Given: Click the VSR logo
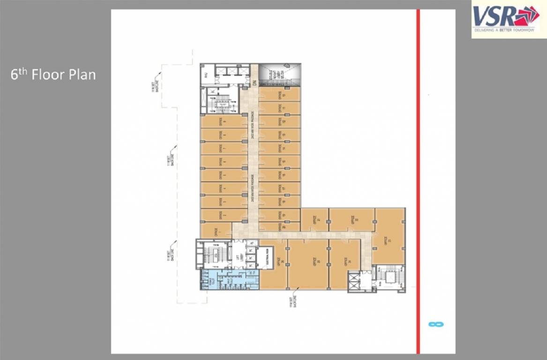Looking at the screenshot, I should coord(506,19).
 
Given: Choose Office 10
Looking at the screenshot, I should coord(279,94).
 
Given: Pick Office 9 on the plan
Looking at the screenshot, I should coord(224,122).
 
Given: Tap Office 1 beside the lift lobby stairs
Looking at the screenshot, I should coord(216,231).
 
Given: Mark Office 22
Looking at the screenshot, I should coord(352,220).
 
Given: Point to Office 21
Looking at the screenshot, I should coord(314,220).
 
